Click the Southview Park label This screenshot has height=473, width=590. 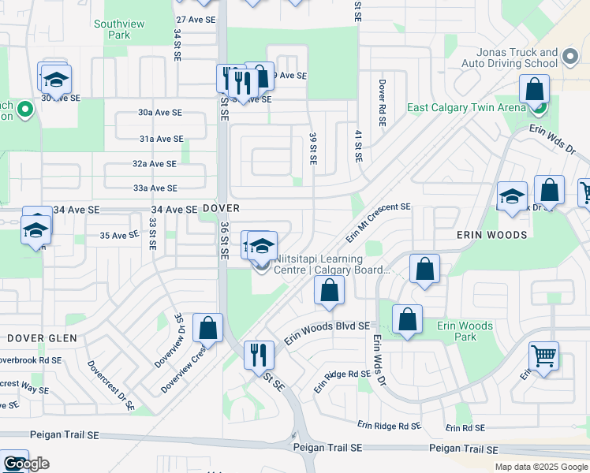[119, 30]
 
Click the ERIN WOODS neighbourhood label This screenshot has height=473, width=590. [491, 235]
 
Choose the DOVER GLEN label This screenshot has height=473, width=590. [43, 338]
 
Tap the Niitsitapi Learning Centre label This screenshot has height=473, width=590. [331, 264]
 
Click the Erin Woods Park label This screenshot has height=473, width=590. [465, 331]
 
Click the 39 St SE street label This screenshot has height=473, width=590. [313, 148]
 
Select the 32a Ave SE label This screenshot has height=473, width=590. [155, 164]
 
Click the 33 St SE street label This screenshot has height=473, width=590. [151, 234]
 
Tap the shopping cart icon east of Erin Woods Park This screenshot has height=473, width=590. [543, 357]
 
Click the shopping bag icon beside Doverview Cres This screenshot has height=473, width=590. [207, 329]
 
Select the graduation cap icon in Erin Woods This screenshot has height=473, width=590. [511, 196]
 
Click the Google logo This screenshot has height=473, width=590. [26, 464]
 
